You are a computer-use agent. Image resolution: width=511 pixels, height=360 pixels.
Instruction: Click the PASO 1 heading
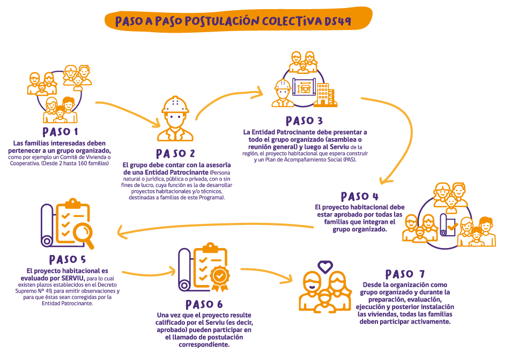[x=61, y=132]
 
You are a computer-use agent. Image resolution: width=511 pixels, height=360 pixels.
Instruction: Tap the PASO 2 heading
[x=175, y=153]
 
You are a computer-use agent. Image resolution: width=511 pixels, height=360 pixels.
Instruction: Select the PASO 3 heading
[x=304, y=121]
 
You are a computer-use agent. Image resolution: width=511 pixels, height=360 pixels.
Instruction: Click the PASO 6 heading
[x=204, y=304]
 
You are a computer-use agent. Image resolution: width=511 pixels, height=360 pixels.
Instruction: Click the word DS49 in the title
[x=338, y=21]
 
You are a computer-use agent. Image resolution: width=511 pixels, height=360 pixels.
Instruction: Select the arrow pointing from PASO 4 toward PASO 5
[x=214, y=225]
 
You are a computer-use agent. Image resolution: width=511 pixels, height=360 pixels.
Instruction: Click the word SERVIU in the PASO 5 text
[x=72, y=279]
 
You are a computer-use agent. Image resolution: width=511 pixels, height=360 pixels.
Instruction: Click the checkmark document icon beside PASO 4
[x=449, y=227]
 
